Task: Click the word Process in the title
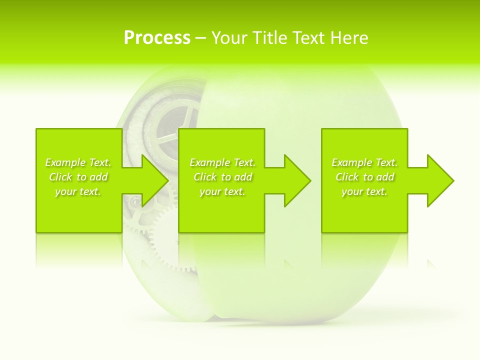(x=157, y=38)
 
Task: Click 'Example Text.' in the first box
(x=78, y=162)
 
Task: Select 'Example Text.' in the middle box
(x=222, y=162)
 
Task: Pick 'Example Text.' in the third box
(x=364, y=162)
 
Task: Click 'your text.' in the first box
(x=78, y=191)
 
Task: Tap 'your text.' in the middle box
(x=222, y=191)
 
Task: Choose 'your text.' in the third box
(x=364, y=191)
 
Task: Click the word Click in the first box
(x=60, y=177)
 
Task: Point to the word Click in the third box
(x=347, y=177)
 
